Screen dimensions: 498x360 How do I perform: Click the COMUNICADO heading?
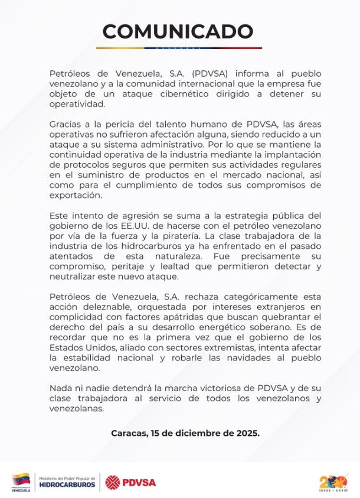tap(178, 31)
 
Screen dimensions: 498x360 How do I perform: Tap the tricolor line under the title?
tap(179, 48)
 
